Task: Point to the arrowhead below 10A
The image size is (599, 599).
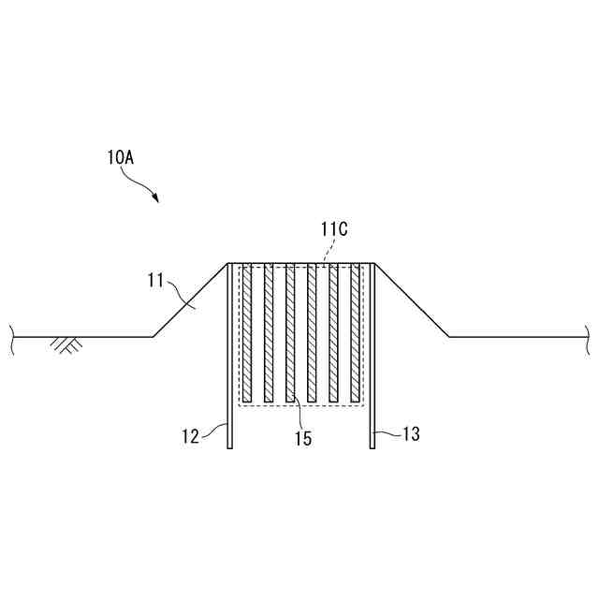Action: coord(157,199)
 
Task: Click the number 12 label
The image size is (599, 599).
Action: coord(192,434)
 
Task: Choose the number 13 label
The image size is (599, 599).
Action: coord(410,434)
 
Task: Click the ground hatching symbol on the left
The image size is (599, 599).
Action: coord(66,344)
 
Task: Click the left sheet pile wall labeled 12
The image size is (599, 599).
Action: coord(230,374)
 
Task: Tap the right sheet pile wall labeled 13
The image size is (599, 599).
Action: coord(372,374)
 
